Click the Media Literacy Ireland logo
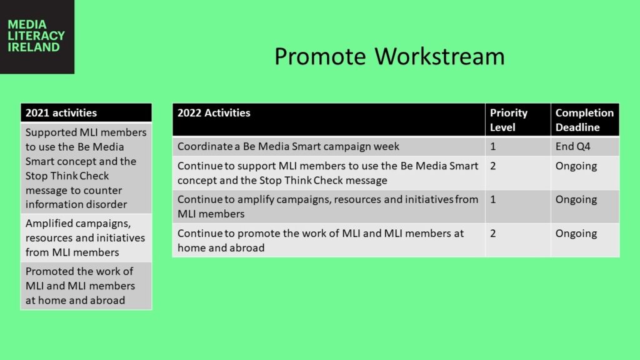[37, 37]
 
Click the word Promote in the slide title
[320, 56]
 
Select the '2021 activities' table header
[86, 112]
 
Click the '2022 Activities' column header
[329, 119]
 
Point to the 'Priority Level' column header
[518, 119]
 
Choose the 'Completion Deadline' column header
[585, 119]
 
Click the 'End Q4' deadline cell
[585, 146]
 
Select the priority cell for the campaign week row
[518, 146]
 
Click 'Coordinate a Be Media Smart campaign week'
[288, 146]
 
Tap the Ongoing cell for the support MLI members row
[585, 173]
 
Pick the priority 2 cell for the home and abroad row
[518, 241]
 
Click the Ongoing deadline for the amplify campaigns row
[585, 206]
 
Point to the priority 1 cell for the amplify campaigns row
[518, 206]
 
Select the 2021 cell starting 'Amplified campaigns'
[86, 237]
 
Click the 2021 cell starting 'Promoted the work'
[86, 286]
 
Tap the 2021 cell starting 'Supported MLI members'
[86, 168]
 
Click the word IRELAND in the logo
[34, 47]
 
